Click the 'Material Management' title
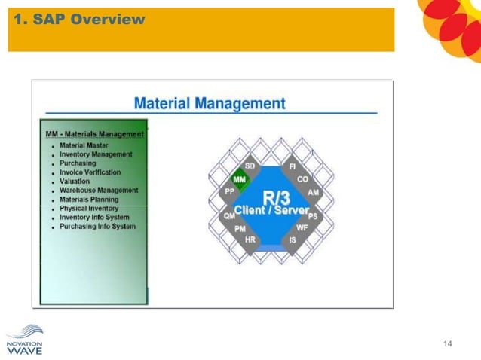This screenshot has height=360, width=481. click(210, 102)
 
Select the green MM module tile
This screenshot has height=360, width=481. click(240, 180)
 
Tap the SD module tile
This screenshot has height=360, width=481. click(250, 166)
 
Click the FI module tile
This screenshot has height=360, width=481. click(292, 166)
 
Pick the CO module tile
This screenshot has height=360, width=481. click(302, 179)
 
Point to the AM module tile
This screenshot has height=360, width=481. click(313, 193)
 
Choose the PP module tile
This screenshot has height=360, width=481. click(229, 192)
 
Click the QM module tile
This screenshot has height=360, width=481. click(228, 215)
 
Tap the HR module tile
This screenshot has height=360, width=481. click(250, 239)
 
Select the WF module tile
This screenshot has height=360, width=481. click(302, 227)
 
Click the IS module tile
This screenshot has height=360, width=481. click(292, 240)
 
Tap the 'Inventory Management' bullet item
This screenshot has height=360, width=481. click(96, 154)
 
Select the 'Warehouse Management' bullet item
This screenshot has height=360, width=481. click(99, 191)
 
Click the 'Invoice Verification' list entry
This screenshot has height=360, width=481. click(90, 172)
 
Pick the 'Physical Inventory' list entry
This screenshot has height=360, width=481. click(89, 209)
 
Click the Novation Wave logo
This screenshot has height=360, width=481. click(25, 337)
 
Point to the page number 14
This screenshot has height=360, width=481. click(448, 344)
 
